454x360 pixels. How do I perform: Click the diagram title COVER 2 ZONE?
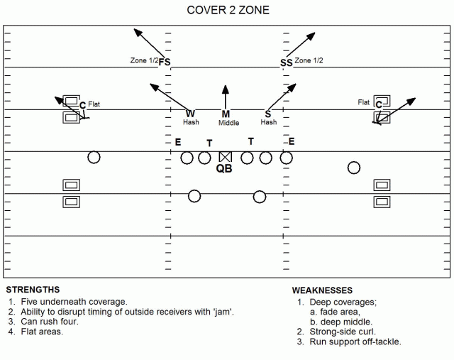coord(228,10)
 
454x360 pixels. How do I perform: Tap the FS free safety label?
coord(165,62)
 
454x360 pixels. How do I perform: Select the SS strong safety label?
coord(287,63)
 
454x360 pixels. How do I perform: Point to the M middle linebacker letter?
coord(226,114)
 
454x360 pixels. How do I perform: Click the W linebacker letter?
coord(190,114)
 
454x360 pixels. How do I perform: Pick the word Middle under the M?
coord(228,123)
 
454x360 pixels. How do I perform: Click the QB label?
coord(224,168)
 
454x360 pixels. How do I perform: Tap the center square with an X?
coord(226,157)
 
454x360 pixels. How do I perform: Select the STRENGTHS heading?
coord(33,290)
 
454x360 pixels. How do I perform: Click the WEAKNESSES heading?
coord(322,290)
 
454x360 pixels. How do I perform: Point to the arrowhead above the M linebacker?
coord(226,89)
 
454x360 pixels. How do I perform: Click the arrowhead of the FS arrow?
coord(138,33)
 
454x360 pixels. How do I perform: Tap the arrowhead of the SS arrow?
coord(311,36)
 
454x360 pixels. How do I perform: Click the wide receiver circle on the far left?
coord(94,158)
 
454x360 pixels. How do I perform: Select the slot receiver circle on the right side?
coord(354,168)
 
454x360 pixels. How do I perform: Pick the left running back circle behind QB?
coord(194,196)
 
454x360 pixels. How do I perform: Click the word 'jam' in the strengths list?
coord(223,312)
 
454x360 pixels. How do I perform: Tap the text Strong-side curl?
coord(343,332)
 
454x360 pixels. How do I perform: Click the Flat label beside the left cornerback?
coord(94,104)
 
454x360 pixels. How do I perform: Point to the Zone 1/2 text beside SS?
coord(309,60)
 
